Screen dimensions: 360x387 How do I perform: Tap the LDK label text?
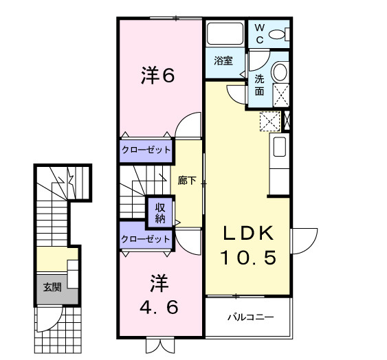247,234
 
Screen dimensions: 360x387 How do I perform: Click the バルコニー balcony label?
251,318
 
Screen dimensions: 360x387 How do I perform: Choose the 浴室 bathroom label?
223,60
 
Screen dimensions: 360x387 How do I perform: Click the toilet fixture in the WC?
278,34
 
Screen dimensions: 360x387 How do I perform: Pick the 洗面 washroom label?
259,85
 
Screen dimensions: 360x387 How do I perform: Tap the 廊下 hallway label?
187,181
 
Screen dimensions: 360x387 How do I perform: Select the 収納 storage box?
159,213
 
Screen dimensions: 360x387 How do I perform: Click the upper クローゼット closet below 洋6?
146,150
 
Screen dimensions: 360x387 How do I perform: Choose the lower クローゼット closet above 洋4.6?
146,239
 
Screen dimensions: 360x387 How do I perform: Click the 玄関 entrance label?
52,287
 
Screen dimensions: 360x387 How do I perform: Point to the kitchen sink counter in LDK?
279,147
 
